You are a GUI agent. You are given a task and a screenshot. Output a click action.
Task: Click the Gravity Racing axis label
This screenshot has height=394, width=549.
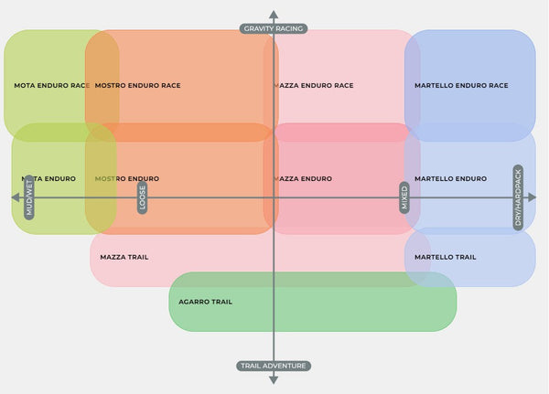coord(274,28)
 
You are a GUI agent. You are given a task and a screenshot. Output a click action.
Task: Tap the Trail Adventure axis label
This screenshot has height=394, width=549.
coord(274,366)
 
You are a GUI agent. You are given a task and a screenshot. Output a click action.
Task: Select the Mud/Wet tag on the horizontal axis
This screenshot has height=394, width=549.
coord(29,196)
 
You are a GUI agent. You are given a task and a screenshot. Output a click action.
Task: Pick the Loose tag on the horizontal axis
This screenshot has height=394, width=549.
coord(142,197)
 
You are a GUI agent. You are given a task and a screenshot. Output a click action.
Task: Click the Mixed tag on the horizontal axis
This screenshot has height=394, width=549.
coord(404,197)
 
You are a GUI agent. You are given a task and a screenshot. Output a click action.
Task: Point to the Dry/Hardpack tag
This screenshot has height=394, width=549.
coord(518,197)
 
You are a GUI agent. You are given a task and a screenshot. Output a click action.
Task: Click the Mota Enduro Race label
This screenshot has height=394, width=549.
coord(52,86)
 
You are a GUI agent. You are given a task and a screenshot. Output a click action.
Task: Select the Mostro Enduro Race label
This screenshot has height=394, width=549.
coord(137,86)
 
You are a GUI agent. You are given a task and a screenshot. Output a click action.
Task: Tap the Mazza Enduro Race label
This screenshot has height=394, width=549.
coord(313,86)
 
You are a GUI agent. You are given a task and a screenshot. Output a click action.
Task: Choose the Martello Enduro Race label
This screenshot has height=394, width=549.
coord(460,86)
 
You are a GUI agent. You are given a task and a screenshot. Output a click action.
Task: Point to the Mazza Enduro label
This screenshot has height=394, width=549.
coord(302,178)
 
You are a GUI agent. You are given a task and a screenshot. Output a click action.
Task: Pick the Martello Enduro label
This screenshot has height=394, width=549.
coord(450,178)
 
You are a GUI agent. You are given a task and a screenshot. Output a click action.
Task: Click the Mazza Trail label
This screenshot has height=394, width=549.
coord(124,257)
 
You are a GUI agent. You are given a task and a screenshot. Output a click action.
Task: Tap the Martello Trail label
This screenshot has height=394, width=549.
coord(445,257)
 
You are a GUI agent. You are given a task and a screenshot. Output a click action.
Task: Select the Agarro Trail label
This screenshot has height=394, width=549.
coord(205,302)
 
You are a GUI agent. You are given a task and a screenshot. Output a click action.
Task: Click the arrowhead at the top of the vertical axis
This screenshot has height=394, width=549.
coord(274,13)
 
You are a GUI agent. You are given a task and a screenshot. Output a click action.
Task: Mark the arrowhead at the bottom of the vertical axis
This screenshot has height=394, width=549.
coord(274,381)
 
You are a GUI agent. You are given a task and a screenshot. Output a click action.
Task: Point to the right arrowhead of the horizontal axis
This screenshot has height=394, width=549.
coord(532,197)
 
